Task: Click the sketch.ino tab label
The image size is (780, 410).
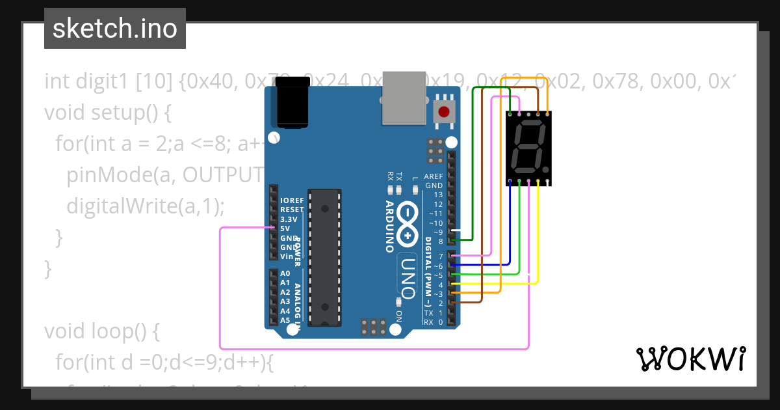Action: coord(115,29)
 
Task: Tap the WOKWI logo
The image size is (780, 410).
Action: coord(691,359)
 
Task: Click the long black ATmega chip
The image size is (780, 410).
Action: coord(324,257)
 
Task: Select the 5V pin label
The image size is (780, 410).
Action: coord(285,228)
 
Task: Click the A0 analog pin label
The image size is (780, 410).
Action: coord(285,273)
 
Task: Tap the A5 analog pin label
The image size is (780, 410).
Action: coord(285,320)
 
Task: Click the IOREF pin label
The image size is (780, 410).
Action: coord(291,200)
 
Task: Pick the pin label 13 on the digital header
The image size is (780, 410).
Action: coord(438,195)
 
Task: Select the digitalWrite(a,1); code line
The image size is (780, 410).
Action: coord(145,206)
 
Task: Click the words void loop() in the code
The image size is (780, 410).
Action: coord(101,331)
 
